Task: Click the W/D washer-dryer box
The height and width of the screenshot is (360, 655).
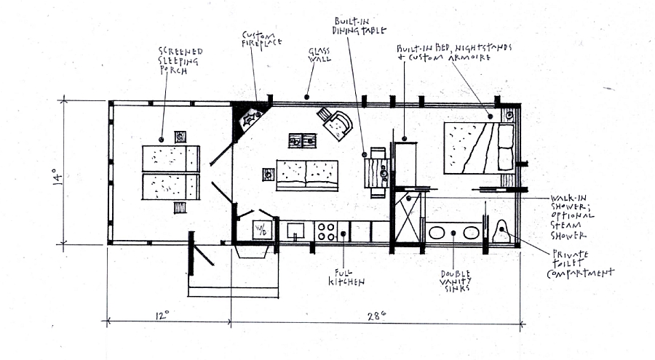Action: coord(262,230)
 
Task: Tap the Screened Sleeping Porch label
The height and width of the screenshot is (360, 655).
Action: coord(180,61)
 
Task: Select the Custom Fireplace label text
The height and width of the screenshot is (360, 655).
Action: coord(261,39)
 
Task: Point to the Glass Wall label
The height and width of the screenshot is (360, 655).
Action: coord(319,55)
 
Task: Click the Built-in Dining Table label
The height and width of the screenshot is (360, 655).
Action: coord(360,26)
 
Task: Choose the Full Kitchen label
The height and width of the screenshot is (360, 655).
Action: coord(346,278)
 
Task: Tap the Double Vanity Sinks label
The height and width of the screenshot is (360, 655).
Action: coord(456,281)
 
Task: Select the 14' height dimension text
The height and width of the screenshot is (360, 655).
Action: coord(57,176)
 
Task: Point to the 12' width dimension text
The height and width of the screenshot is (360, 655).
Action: coord(162,315)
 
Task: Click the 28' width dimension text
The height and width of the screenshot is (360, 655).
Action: coord(376,316)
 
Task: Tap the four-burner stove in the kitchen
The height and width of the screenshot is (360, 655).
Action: coord(326,231)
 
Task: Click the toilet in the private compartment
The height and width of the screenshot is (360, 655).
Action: coord(501,231)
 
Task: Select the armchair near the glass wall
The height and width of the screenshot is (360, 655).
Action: coord(336,122)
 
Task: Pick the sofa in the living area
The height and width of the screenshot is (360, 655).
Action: coord(307,175)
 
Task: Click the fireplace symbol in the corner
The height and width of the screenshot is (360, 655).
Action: coord(250,119)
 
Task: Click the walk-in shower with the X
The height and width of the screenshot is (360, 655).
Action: coord(408,218)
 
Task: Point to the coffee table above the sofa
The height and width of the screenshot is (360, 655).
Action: coord(303,141)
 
